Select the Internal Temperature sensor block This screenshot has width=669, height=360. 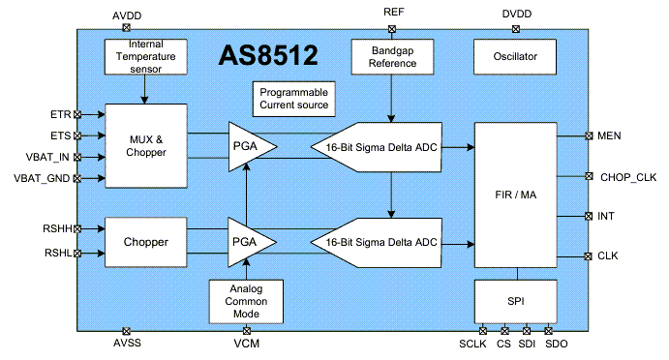tap(144, 56)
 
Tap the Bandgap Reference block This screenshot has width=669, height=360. tap(391, 56)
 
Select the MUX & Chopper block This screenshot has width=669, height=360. tap(144, 145)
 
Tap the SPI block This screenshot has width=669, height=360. tap(515, 301)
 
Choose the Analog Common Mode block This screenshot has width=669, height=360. tap(248, 301)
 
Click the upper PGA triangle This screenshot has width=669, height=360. tap(248, 145)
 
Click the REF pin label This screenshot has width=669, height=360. tap(393, 13)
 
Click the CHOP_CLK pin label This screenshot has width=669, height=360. tap(627, 176)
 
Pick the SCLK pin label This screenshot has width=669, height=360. tap(471, 344)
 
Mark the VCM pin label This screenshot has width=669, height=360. tap(246, 344)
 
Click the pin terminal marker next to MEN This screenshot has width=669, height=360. tap(588, 135)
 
